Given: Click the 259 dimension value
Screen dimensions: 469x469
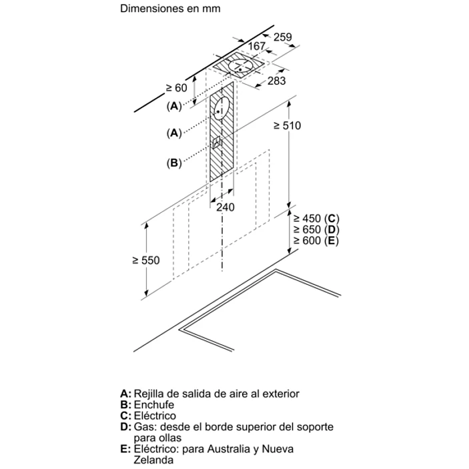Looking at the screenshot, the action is tap(283, 37).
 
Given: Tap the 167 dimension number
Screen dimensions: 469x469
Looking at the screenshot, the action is tap(257, 46).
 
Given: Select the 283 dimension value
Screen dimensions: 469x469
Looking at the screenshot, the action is tap(276, 81).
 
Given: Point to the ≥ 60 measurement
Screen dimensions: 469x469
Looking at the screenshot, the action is tap(177, 87).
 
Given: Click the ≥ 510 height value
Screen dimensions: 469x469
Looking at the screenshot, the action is tap(287, 125).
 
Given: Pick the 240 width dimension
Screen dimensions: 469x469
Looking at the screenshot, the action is tap(225, 207).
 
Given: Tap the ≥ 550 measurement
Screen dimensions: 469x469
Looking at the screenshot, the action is tap(146, 260).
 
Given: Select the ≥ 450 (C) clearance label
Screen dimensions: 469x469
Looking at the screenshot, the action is tap(316, 218).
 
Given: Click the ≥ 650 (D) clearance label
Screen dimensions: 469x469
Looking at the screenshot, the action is tap(316, 229).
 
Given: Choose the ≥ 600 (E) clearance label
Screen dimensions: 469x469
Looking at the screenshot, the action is tap(316, 240).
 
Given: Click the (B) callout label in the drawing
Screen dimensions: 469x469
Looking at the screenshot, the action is tap(174, 163).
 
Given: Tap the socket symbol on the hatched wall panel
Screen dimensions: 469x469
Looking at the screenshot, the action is tap(216, 142).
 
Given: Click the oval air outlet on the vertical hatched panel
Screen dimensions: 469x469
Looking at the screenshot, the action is tap(223, 108).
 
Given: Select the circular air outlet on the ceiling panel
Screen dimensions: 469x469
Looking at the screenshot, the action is tap(240, 66).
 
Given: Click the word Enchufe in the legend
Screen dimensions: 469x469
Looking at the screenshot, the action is tap(153, 405).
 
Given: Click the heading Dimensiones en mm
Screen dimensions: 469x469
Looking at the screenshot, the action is tap(170, 9).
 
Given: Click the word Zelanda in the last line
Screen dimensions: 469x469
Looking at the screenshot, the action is tap(153, 460).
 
